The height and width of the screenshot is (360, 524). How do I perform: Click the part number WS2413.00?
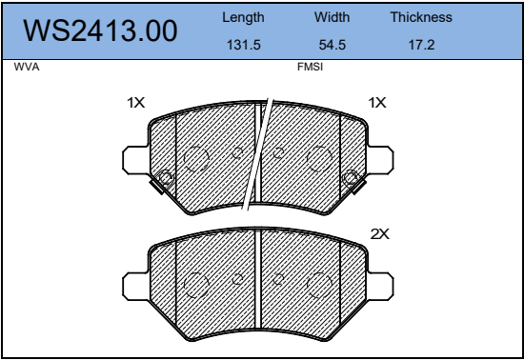coord(100,30)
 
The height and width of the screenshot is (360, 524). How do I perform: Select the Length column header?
coord(243,18)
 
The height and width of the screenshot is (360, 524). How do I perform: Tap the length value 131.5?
coord(244,45)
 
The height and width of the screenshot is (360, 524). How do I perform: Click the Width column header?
coord(332,17)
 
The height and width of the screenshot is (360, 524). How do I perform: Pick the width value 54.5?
coord(333,45)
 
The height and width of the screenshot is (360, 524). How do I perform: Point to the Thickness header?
coord(421,17)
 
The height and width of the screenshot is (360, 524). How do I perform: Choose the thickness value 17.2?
coord(421,45)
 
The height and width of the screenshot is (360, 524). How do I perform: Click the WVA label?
coord(27,67)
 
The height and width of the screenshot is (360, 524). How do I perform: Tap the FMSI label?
coord(311,67)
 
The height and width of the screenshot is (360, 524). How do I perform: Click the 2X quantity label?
coord(379,234)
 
